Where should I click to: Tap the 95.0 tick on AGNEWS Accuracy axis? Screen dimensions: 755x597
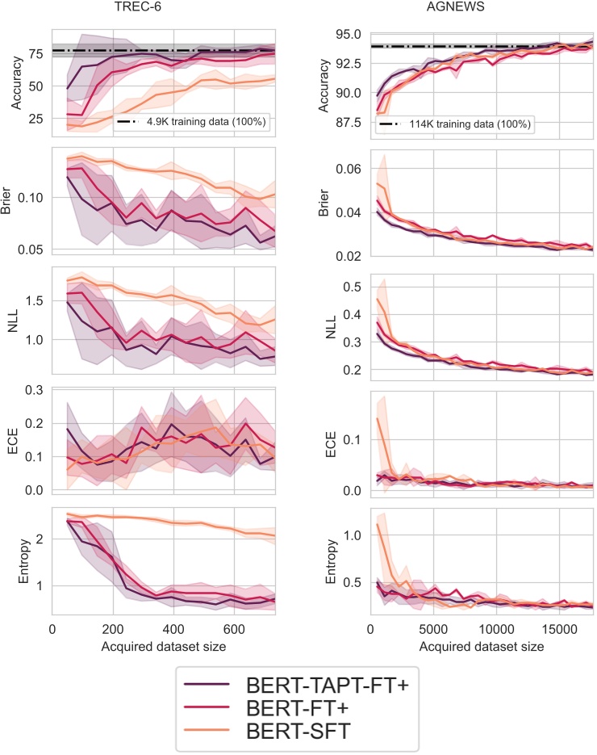(348, 35)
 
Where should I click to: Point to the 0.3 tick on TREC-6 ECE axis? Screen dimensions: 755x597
(34, 390)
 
